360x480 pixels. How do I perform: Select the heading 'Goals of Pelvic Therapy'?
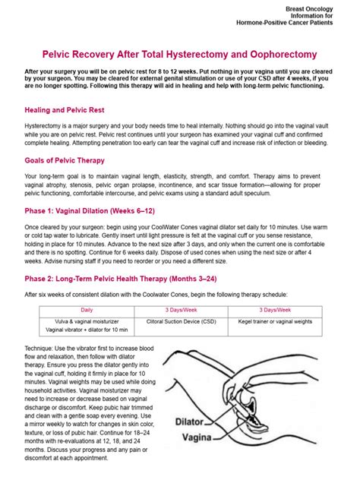65,160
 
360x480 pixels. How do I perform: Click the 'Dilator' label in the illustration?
192,419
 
